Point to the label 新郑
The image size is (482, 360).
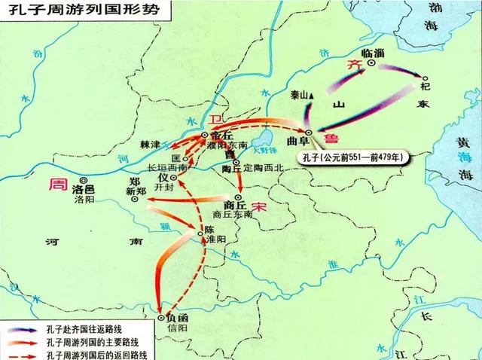click(135, 193)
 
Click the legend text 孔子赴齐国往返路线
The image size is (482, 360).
click(89, 329)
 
